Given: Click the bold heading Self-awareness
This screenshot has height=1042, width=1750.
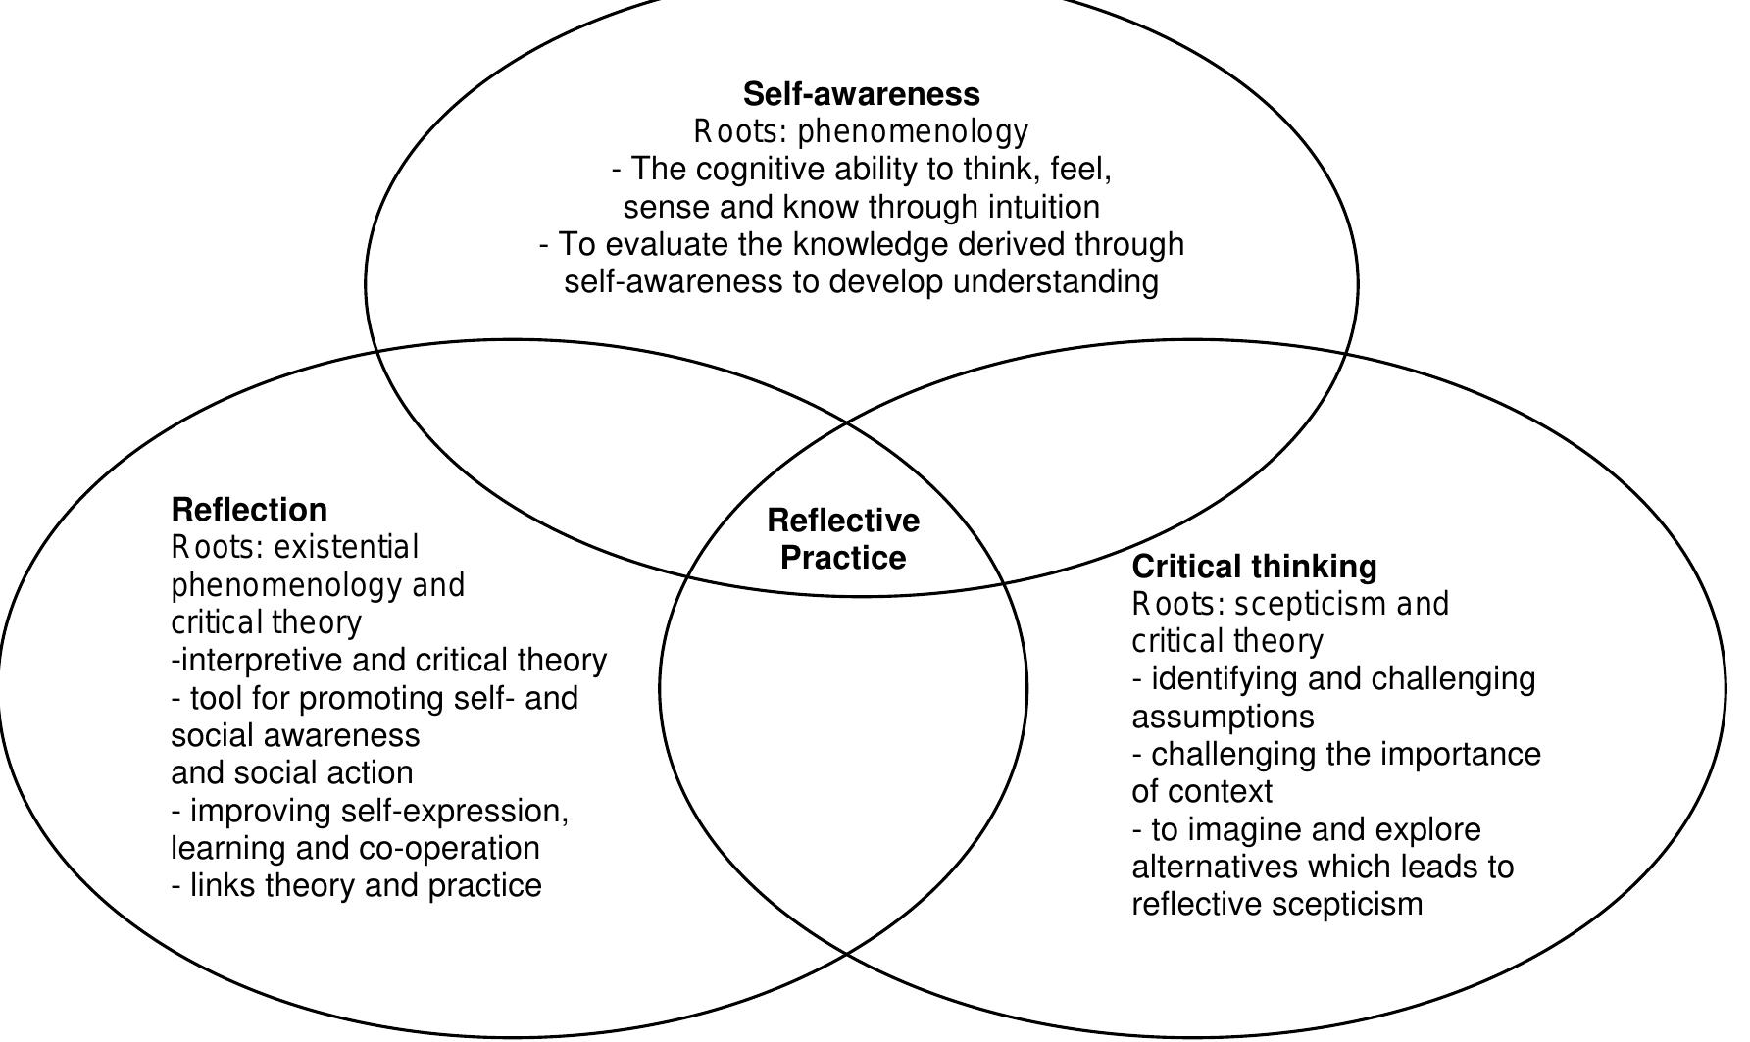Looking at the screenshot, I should pyautogui.click(x=861, y=94).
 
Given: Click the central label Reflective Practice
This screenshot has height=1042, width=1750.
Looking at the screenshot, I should pyautogui.click(x=843, y=539).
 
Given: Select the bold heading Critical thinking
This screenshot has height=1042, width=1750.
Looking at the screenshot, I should pyautogui.click(x=1254, y=567).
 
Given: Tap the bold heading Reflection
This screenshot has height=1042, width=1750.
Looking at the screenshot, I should pyautogui.click(x=249, y=510).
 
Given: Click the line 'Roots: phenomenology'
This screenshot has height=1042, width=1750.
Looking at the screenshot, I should pyautogui.click(x=861, y=131).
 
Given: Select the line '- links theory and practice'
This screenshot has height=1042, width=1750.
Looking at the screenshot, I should pyautogui.click(x=356, y=886).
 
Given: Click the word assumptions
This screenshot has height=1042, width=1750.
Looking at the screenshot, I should pyautogui.click(x=1223, y=718).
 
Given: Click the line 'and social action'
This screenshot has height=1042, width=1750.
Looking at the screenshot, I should pyautogui.click(x=291, y=773).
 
